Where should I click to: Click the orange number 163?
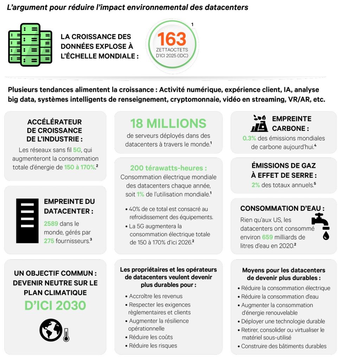(172, 39)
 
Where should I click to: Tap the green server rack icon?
(30, 45)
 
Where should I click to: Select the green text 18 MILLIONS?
(168, 123)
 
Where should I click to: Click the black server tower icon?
(27, 221)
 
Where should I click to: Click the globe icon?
(51, 330)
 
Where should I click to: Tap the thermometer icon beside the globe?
(66, 335)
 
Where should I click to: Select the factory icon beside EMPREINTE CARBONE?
(259, 123)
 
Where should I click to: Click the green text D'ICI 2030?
(55, 305)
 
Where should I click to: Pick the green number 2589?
(51, 224)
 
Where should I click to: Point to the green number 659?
(267, 237)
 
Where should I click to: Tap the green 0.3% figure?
(249, 138)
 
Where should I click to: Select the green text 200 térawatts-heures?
(168, 168)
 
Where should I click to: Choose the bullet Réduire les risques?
(153, 346)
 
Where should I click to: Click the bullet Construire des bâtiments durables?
(284, 346)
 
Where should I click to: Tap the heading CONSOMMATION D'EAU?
(282, 208)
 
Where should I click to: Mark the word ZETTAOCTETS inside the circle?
(172, 50)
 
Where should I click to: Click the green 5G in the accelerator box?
(77, 150)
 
